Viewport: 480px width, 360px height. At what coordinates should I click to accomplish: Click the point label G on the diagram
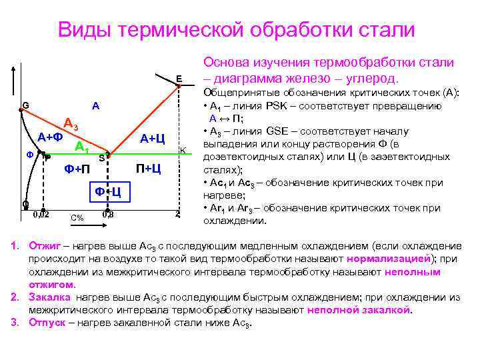pos(25,105)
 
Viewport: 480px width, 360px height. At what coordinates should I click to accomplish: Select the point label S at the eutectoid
pos(101,158)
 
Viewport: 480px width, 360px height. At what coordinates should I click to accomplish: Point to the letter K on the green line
pos(183,151)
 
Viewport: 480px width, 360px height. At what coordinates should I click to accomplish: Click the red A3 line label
pos(71,124)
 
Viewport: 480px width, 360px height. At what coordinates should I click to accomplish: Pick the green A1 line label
pos(82,147)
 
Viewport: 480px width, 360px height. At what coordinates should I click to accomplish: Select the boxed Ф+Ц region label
pos(107,192)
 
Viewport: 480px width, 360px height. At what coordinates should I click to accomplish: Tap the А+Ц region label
pos(152,138)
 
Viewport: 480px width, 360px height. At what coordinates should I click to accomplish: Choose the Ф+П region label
pos(77,169)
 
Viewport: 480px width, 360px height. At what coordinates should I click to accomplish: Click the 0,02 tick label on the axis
pos(41,214)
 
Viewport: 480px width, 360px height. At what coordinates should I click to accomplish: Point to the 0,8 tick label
pos(108,214)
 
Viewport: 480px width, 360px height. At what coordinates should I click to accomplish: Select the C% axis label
pos(77,218)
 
